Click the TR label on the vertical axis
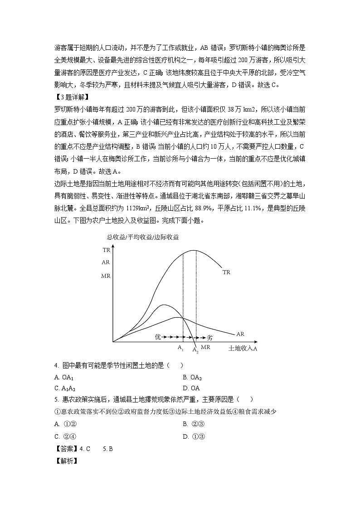coord(107,250)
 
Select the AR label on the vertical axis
coord(106,262)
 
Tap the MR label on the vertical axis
coord(106,276)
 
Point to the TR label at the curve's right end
coord(227,272)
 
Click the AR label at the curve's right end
coord(240,334)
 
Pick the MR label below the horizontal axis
coord(205,347)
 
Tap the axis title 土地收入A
coord(243,349)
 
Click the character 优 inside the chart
coord(158,337)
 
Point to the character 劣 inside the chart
coord(210,338)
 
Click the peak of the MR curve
coord(164,305)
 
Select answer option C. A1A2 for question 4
coord(65,388)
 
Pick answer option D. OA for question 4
coord(191,388)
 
